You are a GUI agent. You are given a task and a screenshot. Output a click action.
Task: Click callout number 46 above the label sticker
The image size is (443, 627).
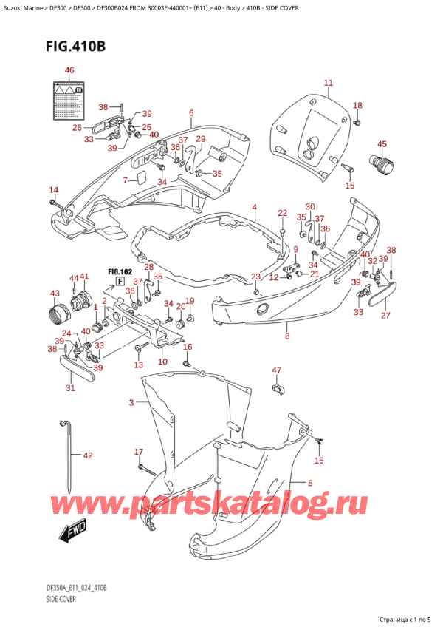click(x=69, y=70)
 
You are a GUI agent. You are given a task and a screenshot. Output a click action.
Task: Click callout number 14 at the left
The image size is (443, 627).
click(x=53, y=190)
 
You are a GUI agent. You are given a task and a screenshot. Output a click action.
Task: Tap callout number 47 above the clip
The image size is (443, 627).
click(x=276, y=370)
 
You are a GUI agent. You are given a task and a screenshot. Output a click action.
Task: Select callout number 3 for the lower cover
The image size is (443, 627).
click(x=131, y=403)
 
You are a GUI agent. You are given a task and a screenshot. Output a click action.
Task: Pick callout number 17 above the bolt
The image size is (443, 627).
click(x=138, y=452)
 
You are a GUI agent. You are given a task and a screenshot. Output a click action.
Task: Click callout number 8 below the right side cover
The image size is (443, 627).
click(x=286, y=336)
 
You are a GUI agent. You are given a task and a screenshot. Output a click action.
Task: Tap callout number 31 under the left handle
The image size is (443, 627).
click(x=71, y=389)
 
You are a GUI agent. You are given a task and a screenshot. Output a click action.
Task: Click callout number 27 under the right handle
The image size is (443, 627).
click(x=383, y=316)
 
